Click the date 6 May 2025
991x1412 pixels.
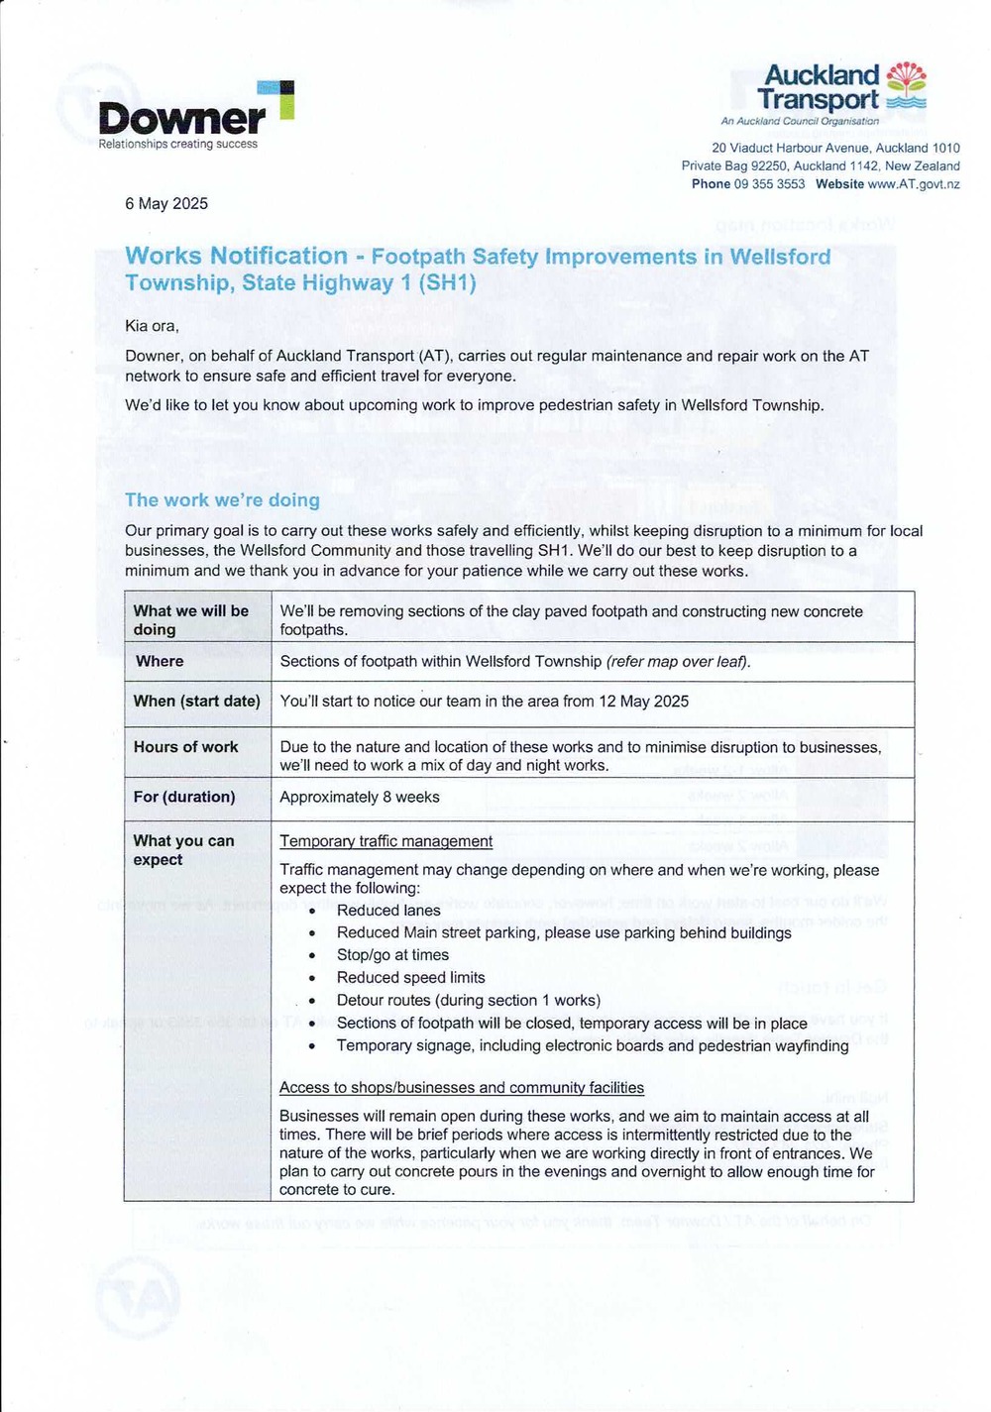tap(166, 203)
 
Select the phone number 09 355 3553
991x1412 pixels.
tap(769, 184)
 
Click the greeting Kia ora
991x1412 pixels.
tap(151, 326)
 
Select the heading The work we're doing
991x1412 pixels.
tap(222, 500)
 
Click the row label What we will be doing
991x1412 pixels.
tap(191, 619)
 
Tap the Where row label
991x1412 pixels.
tap(160, 661)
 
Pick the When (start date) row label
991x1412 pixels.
tap(196, 702)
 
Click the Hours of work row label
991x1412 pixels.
tap(185, 747)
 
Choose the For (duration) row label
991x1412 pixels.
tap(184, 797)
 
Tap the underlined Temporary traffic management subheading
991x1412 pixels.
tap(385, 841)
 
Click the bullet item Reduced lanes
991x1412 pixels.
tap(388, 911)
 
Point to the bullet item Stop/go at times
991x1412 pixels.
tap(392, 955)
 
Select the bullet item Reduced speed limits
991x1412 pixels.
tap(410, 978)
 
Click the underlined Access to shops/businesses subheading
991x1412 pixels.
tap(462, 1088)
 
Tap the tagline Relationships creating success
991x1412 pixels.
tap(177, 145)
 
